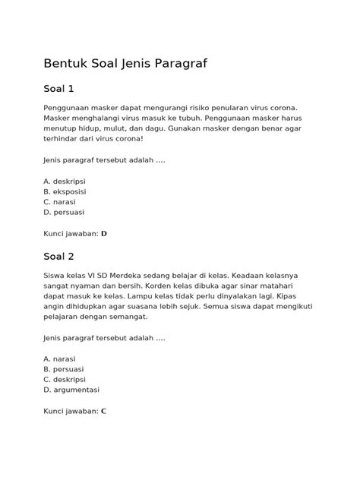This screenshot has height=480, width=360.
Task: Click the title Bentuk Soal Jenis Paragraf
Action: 125,63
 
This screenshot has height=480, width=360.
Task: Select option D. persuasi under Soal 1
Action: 65,213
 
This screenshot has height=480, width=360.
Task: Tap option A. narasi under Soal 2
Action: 59,358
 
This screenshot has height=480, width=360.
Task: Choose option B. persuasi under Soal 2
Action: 64,369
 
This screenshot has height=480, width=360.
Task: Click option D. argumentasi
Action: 71,390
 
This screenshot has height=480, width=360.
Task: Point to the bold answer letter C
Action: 103,410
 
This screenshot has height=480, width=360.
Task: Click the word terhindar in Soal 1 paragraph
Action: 60,140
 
